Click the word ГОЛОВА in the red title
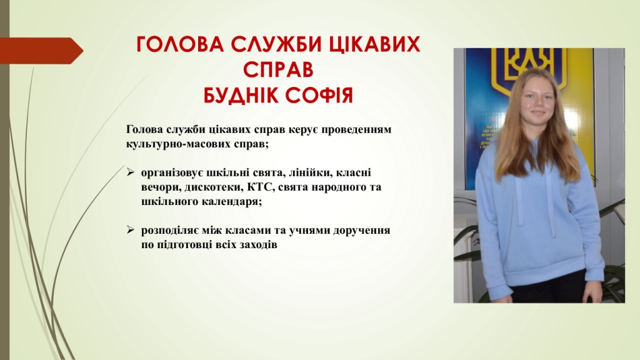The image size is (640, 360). tap(180, 44)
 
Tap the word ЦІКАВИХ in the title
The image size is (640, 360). tap(374, 45)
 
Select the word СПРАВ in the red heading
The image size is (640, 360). tap(278, 69)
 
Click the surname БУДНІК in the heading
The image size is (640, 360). tap(241, 96)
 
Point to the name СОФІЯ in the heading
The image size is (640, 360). tap(319, 96)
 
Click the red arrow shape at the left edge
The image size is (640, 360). tap(41, 51)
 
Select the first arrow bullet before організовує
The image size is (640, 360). tap(130, 172)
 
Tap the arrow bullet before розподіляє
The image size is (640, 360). tap(130, 230)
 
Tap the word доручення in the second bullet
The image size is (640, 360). tap(362, 231)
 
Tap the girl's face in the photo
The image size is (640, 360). tap(537, 100)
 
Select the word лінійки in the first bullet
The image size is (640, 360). tap(309, 172)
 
